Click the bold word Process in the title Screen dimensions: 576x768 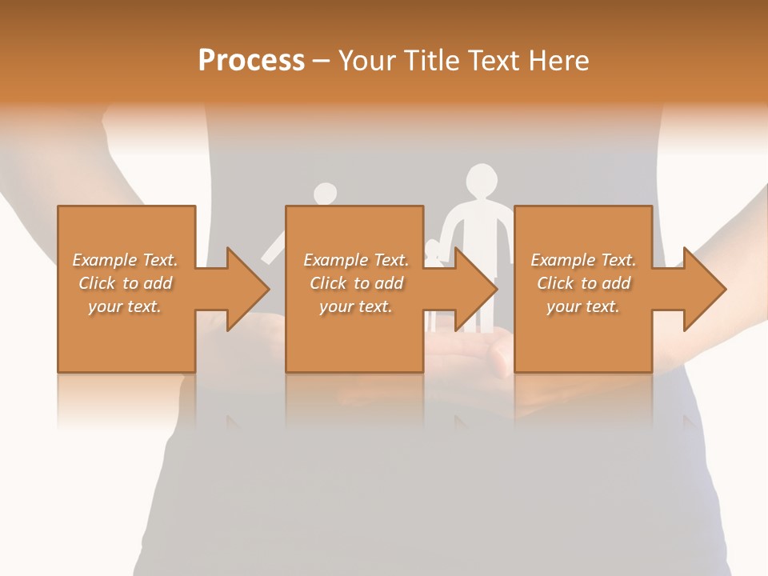coord(251,61)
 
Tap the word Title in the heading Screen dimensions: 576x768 coord(430,61)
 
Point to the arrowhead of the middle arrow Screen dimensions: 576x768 coord(475,289)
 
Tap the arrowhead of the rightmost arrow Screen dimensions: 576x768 coord(704,289)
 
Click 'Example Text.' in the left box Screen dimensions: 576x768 coord(125,260)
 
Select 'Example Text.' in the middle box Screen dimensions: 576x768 coord(356,260)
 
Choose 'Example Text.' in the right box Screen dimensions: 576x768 coord(583,260)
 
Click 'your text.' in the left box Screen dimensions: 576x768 coord(125,306)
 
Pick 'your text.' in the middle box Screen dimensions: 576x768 coord(356,306)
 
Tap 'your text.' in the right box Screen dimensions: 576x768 coord(583,306)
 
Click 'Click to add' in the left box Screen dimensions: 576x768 coord(125,283)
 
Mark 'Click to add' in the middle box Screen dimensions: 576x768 coord(356,283)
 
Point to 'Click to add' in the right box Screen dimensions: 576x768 coord(583,283)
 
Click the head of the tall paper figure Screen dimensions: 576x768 coord(482,179)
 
